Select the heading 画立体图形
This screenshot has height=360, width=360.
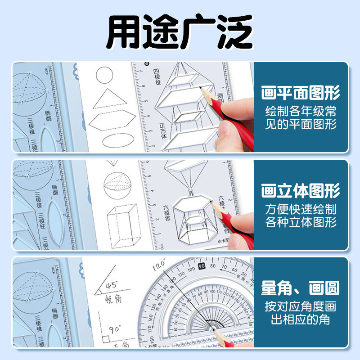pyautogui.click(x=301, y=191)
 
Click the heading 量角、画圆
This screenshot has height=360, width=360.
pyautogui.click(x=301, y=288)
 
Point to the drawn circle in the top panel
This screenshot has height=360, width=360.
pyautogui.click(x=104, y=75)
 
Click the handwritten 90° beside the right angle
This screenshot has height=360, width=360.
pyautogui.click(x=115, y=329)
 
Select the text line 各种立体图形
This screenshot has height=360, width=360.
pyautogui.click(x=301, y=222)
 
